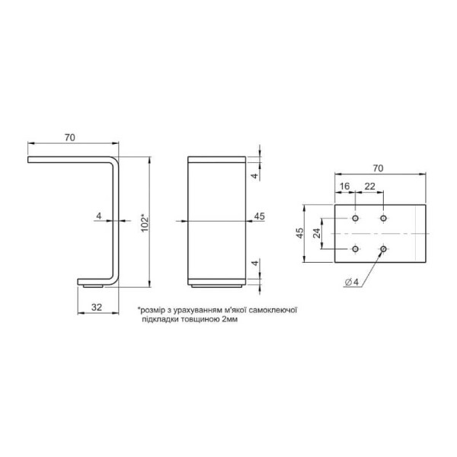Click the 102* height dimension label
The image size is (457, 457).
click(145, 223)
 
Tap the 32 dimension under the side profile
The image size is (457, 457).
click(97, 307)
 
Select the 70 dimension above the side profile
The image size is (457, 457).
click(70, 137)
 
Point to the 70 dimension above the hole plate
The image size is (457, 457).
click(378, 168)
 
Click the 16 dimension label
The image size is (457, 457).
click(344, 187)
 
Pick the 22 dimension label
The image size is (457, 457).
click(369, 187)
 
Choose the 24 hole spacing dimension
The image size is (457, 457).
click(317, 233)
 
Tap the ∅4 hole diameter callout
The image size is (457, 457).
click(352, 282)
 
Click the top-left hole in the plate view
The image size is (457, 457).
click(355, 218)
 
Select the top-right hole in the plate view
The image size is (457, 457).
click(384, 218)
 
